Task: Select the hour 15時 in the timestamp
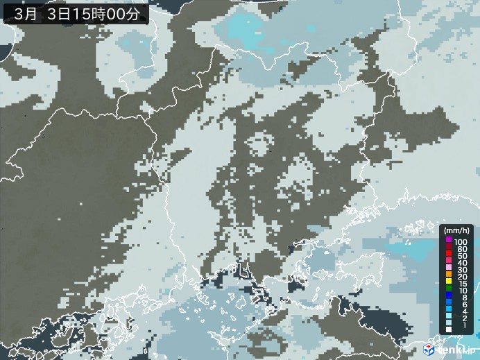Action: [x=93, y=12]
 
